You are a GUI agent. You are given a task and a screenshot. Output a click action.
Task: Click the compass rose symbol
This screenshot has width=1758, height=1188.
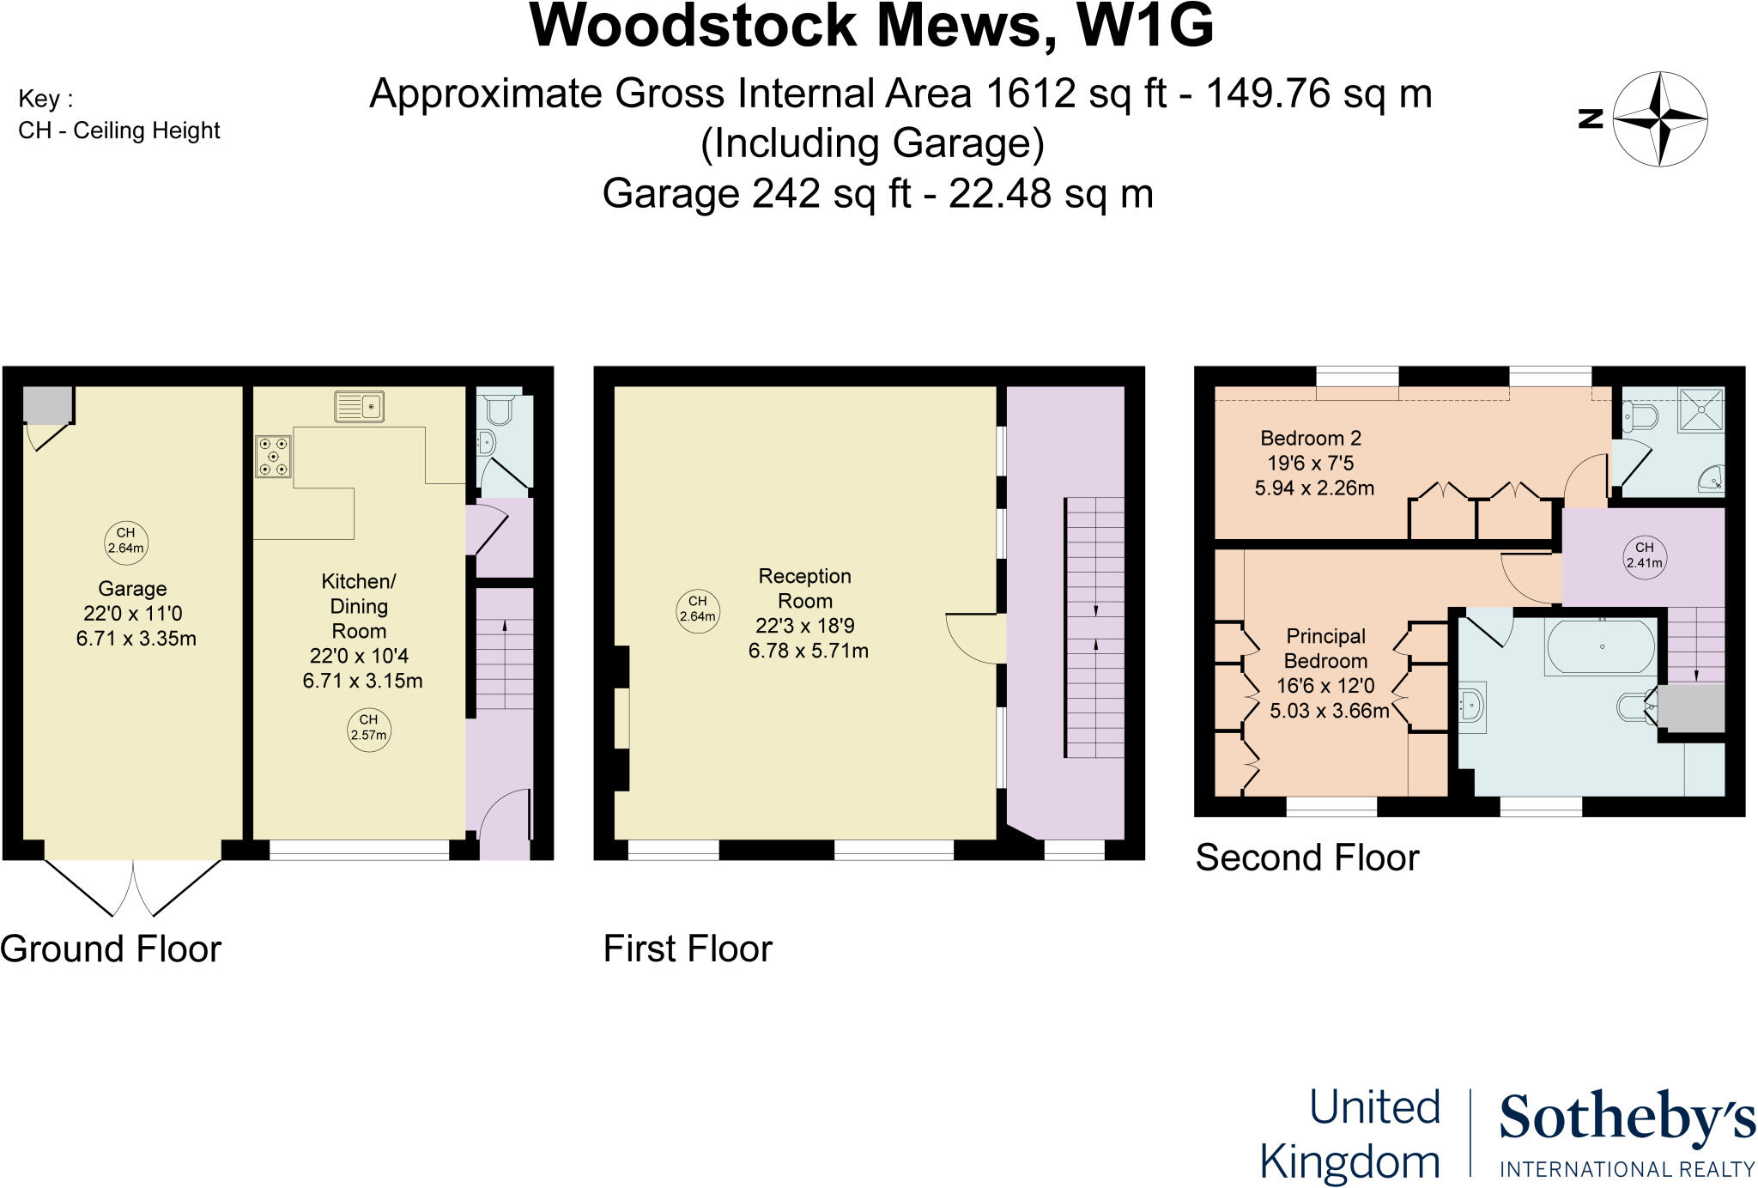coord(1660,118)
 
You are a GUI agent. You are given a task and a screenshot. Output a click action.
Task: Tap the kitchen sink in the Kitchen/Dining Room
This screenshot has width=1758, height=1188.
coord(360,406)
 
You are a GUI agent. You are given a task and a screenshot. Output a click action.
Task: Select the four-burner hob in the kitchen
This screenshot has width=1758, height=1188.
coord(273,456)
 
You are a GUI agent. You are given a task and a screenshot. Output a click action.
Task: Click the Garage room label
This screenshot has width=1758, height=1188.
coord(132,589)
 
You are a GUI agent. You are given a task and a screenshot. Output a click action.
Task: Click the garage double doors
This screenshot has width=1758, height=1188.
coord(134,888)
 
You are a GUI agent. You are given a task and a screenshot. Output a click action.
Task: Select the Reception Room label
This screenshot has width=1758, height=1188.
coord(805,588)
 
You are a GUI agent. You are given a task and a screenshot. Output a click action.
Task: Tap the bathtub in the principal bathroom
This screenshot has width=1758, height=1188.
coord(1600,646)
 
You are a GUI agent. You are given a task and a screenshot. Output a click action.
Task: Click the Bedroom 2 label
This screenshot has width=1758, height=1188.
coord(1311,438)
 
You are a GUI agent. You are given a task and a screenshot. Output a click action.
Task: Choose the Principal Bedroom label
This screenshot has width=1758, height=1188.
coord(1325,648)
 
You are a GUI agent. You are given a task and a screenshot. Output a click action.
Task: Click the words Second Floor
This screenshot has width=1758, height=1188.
coord(1307,858)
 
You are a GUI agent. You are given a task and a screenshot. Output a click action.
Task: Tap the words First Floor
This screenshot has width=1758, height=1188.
coord(688,949)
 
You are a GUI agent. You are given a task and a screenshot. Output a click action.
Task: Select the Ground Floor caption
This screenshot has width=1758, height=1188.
coord(111,949)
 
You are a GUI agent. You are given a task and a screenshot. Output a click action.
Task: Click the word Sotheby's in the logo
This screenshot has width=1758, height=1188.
coord(1627,1118)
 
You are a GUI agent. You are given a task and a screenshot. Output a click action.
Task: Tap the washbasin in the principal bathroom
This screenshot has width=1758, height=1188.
coord(1473,707)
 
